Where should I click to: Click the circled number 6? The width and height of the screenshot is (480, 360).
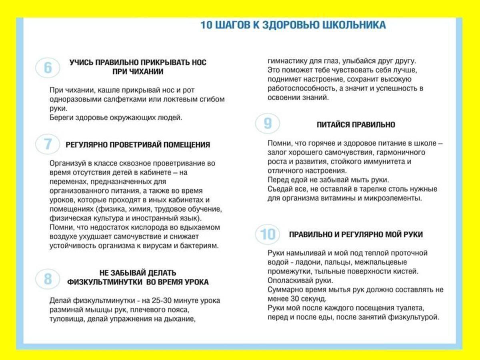(x=48, y=68)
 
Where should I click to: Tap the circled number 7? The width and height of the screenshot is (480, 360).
(x=48, y=144)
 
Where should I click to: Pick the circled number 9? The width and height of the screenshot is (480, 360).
(x=267, y=124)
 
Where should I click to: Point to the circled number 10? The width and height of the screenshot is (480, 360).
(x=267, y=234)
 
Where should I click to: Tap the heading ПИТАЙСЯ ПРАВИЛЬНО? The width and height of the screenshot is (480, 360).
(x=356, y=125)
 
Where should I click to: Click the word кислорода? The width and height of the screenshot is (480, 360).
(x=128, y=227)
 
